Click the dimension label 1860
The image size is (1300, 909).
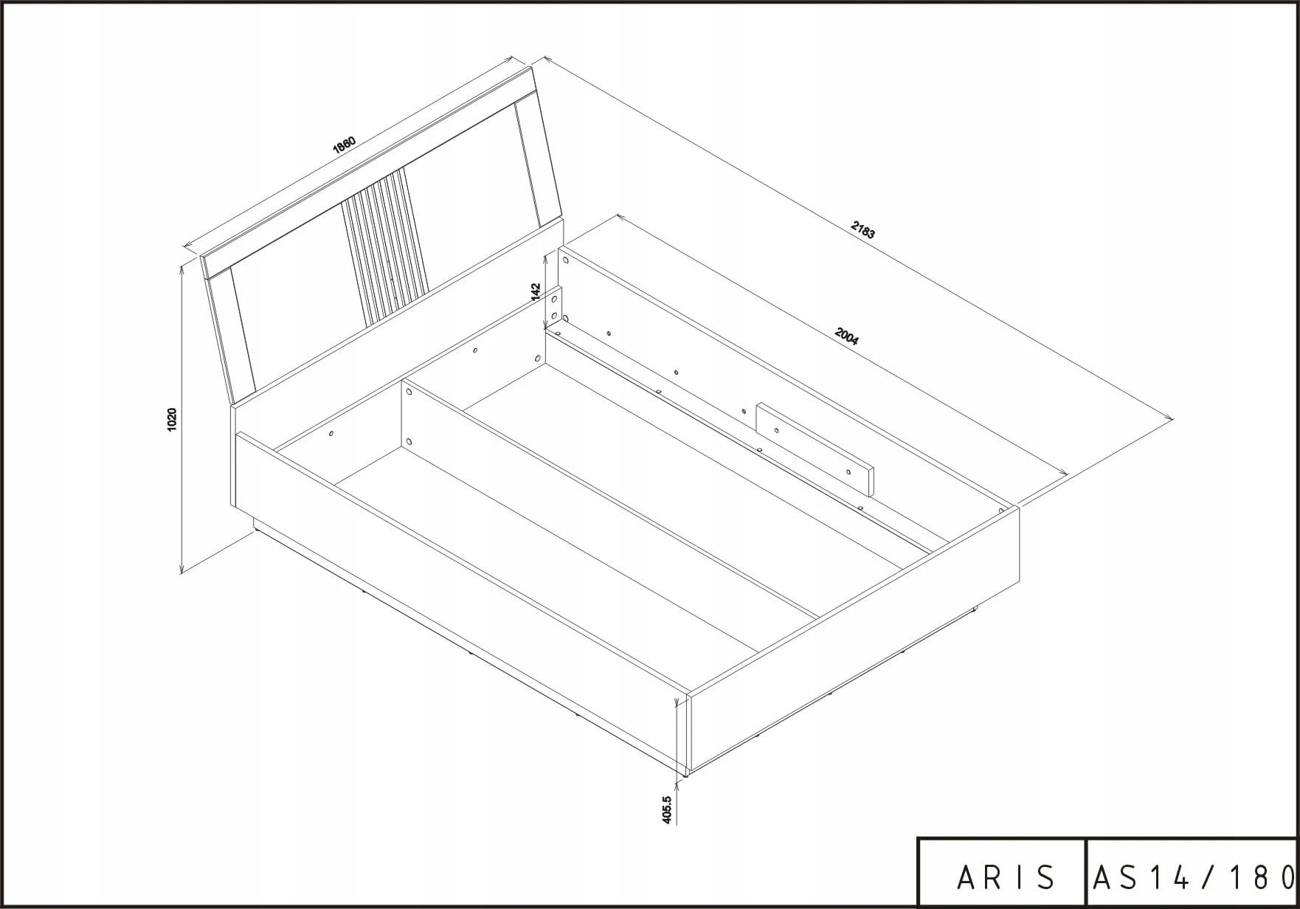tap(345, 144)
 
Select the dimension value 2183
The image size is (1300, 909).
tap(862, 230)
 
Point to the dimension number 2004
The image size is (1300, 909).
tap(846, 336)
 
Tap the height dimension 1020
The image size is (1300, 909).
tap(172, 419)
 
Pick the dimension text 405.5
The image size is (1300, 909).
tap(668, 809)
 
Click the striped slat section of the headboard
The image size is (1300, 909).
tap(384, 247)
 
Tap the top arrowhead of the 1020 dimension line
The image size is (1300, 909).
tap(181, 271)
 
